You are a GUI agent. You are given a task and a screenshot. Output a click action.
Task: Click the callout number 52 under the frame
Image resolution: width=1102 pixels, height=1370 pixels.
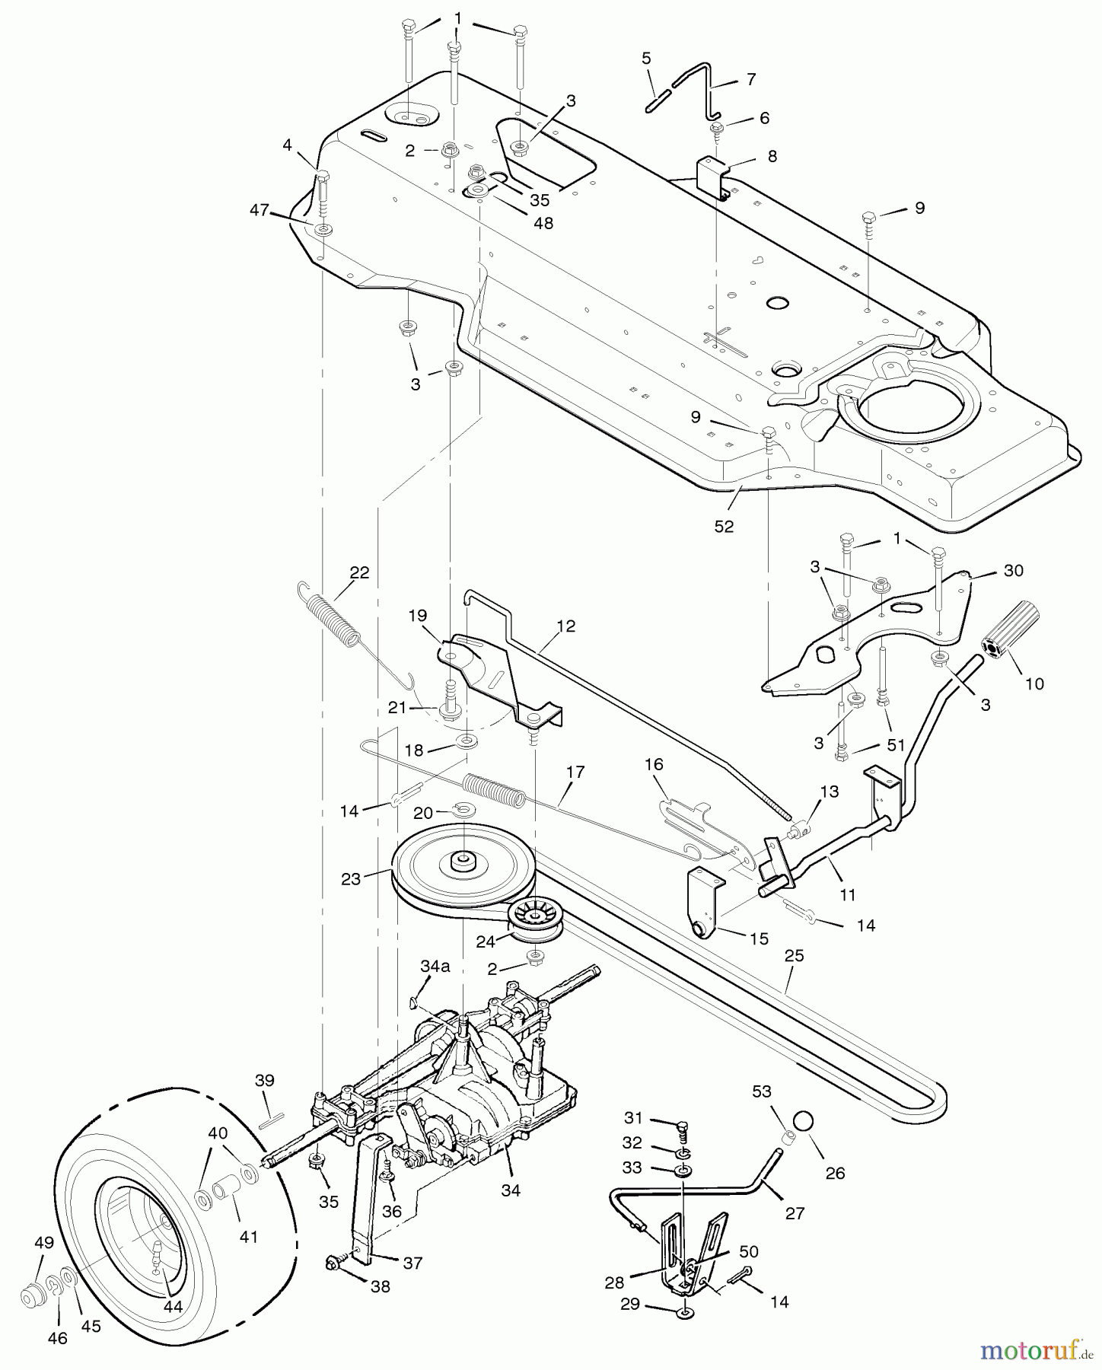724,526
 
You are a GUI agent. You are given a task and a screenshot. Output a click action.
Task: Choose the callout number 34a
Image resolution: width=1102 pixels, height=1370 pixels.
435,967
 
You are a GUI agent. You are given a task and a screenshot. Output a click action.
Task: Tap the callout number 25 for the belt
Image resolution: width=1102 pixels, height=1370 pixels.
794,955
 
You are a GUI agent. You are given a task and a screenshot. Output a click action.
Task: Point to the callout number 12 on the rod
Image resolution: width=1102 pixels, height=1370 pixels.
565,626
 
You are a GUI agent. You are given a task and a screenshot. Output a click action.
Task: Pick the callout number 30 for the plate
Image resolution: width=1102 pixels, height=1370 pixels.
1014,570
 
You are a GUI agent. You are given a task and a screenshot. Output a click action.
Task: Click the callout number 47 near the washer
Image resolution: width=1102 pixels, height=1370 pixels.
260,210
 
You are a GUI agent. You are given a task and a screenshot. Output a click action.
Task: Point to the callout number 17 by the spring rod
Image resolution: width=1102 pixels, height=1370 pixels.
575,772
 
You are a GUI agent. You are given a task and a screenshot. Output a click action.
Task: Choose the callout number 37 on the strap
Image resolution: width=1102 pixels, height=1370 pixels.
412,1263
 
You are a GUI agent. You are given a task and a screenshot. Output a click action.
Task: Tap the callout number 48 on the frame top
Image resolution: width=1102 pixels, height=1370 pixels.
543,223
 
